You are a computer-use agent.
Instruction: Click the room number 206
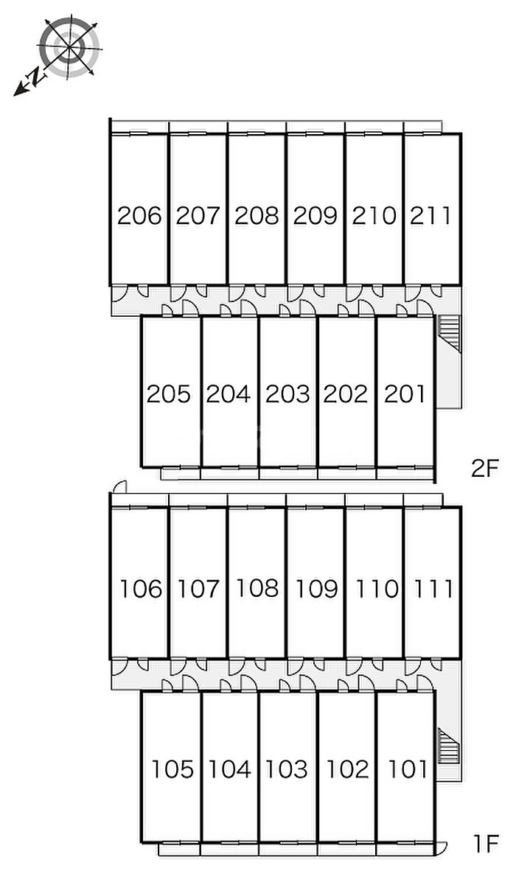click(139, 216)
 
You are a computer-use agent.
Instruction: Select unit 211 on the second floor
click(430, 216)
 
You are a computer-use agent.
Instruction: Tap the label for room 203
click(287, 394)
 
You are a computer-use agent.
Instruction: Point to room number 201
click(405, 394)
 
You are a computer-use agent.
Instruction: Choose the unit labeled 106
click(141, 589)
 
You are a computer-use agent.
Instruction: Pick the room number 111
click(433, 589)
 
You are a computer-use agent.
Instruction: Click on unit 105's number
click(173, 769)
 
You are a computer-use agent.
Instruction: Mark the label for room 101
click(408, 769)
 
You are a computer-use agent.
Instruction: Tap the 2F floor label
click(485, 469)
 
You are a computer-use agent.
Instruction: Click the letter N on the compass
click(36, 76)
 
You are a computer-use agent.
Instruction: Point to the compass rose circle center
click(70, 48)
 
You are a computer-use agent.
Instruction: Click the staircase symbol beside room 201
click(449, 332)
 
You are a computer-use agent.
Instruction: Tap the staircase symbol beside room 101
click(449, 746)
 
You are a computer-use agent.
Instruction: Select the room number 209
click(315, 216)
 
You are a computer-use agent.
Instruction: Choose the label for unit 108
click(257, 588)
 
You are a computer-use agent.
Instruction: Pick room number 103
click(287, 769)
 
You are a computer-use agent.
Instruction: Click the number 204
click(229, 394)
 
